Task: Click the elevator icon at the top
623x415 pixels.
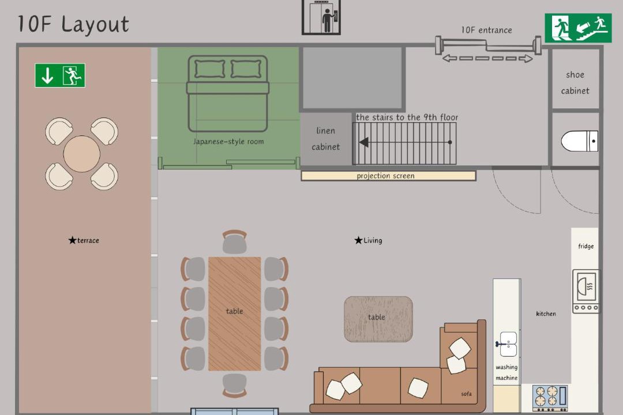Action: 321,17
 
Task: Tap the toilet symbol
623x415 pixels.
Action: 579,141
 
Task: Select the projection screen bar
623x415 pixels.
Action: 388,176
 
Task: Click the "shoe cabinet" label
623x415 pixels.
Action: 575,82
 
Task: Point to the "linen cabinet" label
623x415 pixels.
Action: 325,138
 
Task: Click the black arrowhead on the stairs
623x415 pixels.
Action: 363,142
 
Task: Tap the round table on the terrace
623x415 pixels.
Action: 81,154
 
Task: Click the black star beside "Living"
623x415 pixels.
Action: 358,240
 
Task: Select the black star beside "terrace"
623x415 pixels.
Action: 72,240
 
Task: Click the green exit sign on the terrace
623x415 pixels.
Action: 60,76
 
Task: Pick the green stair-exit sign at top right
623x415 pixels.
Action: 577,28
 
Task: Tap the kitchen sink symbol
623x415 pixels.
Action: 507,344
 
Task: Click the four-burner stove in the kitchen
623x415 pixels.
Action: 550,398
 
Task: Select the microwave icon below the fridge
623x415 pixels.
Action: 586,291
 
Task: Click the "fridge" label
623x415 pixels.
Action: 586,246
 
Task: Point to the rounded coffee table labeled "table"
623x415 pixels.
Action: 378,319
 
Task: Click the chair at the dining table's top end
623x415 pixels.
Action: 234,242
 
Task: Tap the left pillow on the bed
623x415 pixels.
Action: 210,69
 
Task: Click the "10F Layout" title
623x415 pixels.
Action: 73,24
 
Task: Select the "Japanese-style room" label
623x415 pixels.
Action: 228,141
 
